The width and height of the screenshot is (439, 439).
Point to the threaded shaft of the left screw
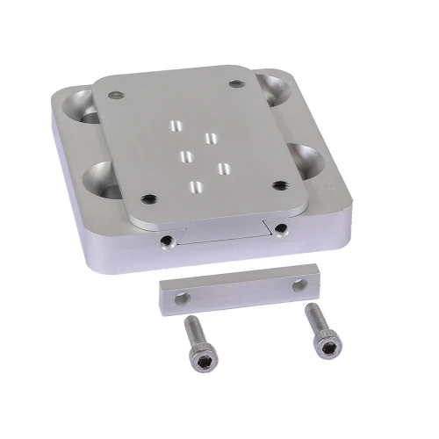click(x=191, y=328)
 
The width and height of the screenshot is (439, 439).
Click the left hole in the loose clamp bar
click(x=182, y=299)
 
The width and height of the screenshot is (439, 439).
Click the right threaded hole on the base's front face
click(x=279, y=229)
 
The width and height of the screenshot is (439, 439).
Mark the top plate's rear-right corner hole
click(x=236, y=83)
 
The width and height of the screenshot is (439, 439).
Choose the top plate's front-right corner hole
click(x=279, y=184)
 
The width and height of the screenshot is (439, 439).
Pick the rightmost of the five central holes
click(x=223, y=166)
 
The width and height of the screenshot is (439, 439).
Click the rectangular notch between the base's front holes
click(x=224, y=234)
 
